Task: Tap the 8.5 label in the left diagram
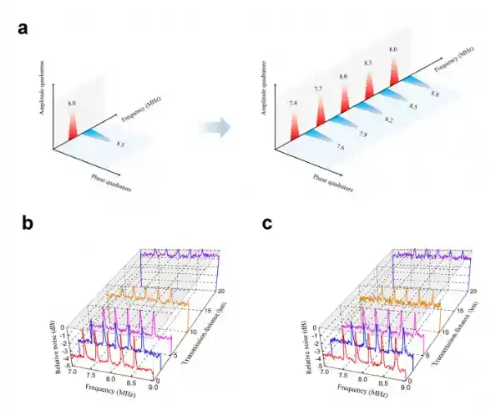click(x=122, y=145)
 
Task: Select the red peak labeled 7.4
click(x=293, y=125)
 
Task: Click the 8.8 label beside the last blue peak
click(x=435, y=94)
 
